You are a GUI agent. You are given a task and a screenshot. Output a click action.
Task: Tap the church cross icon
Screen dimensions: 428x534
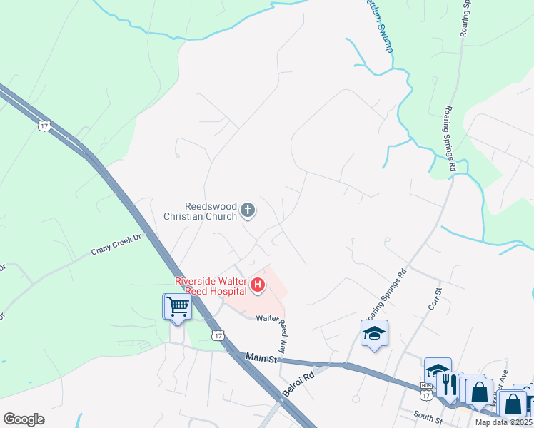pos(248,210)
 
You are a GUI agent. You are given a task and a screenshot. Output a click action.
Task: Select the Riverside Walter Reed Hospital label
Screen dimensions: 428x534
pos(211,285)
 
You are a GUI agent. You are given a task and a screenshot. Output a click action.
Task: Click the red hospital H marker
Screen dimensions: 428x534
pos(258,287)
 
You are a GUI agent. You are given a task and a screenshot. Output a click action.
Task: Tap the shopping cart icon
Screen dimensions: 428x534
pos(177,307)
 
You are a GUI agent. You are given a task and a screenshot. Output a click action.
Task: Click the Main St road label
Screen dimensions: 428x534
pos(261,357)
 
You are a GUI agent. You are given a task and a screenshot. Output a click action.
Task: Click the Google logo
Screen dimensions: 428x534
pos(24,419)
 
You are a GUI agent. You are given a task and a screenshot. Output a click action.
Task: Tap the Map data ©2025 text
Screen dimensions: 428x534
pos(504,422)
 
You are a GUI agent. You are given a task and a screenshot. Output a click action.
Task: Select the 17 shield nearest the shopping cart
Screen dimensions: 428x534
pos(218,335)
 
